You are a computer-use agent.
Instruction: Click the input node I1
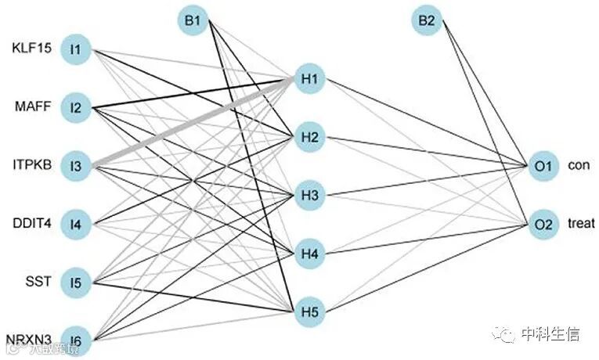click(x=76, y=50)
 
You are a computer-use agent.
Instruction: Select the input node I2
click(x=76, y=107)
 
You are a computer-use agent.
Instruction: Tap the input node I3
click(x=76, y=166)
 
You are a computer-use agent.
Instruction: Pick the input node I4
click(x=76, y=225)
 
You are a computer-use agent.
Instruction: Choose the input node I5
click(x=76, y=282)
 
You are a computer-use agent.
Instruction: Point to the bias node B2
click(x=426, y=22)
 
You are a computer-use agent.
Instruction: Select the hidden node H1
click(x=308, y=79)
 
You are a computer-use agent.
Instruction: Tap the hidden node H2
click(x=308, y=138)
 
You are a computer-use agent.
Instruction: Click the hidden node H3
click(x=308, y=196)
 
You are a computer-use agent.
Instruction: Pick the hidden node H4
click(x=308, y=254)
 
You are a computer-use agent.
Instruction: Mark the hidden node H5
click(x=308, y=311)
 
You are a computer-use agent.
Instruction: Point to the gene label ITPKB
click(x=31, y=166)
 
